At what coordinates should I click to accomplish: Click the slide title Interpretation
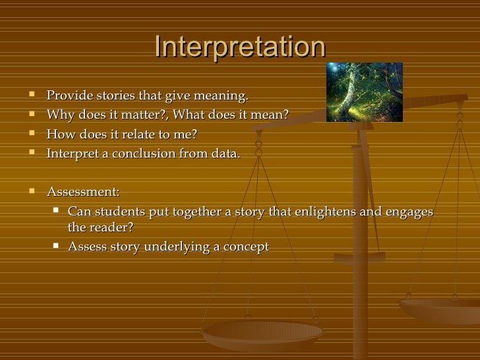click(x=239, y=47)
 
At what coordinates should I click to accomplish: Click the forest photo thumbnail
click(x=365, y=92)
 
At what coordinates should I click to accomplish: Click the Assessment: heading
click(x=83, y=192)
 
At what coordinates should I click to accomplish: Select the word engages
click(x=407, y=212)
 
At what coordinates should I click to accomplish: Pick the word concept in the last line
click(x=247, y=247)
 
